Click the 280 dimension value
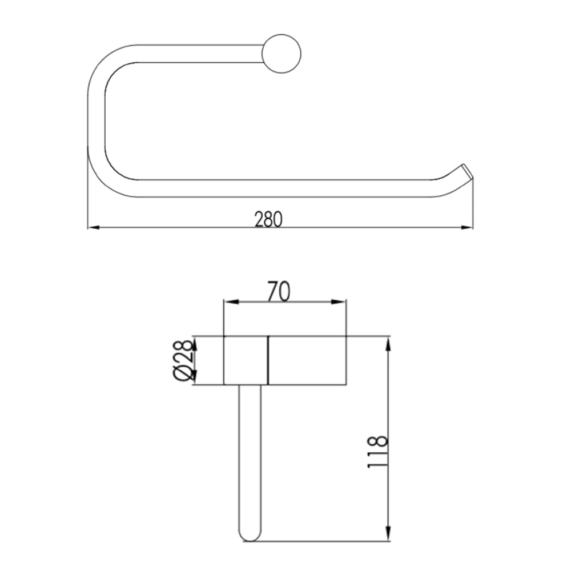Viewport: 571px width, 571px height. click(x=268, y=219)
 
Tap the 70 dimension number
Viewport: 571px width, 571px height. click(x=279, y=291)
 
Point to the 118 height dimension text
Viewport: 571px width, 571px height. click(x=377, y=452)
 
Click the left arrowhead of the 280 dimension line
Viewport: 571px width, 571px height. click(x=93, y=228)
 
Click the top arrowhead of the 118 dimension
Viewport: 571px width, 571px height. click(x=388, y=341)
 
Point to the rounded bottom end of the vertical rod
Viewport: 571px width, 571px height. click(x=250, y=537)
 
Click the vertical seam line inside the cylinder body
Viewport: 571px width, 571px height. click(x=268, y=360)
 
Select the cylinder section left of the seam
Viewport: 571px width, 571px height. click(x=246, y=360)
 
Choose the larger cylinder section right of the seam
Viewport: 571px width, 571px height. click(x=307, y=360)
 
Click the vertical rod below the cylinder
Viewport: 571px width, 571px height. click(x=250, y=457)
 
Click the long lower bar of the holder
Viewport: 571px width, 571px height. click(x=285, y=188)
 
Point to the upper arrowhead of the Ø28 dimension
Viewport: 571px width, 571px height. click(x=194, y=343)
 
